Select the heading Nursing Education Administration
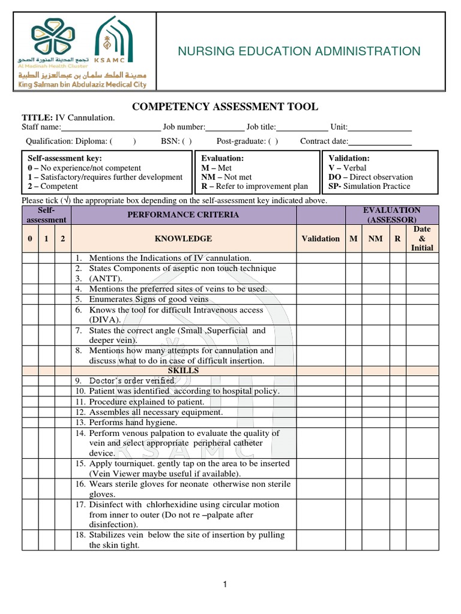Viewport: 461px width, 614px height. point(299,52)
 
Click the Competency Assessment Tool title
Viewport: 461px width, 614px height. point(225,107)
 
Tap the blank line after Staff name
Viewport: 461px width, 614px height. point(110,127)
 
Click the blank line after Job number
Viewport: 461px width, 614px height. point(225,127)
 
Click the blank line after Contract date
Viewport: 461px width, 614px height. point(380,142)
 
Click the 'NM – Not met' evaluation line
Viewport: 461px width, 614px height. point(227,177)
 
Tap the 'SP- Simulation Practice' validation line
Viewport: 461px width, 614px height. point(369,186)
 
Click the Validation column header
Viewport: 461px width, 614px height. point(321,238)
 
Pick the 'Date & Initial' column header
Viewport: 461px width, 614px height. point(422,238)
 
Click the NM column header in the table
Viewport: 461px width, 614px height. point(375,238)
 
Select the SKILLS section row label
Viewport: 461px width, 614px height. point(184,371)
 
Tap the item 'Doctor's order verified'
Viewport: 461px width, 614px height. point(133,381)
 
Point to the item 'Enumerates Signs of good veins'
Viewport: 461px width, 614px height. point(148,299)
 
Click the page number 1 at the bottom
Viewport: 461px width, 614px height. point(225,585)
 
